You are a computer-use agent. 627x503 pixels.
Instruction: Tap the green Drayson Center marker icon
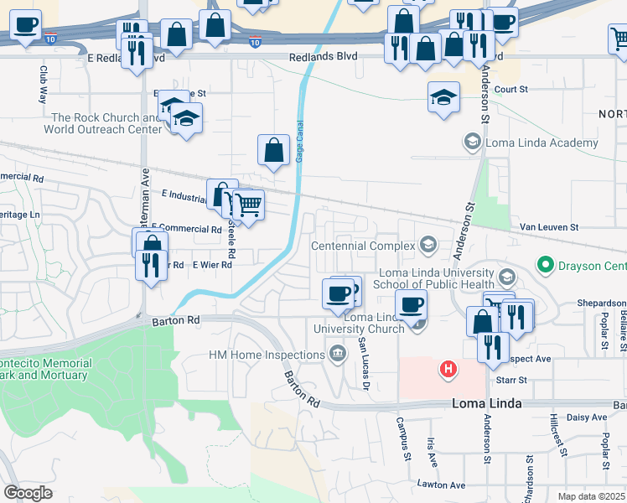546,267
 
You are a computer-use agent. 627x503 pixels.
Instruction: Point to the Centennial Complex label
363,246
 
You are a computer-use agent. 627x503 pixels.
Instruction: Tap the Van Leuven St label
549,227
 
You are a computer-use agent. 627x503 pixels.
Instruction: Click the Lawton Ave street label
441,485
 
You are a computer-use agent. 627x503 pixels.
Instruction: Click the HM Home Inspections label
265,355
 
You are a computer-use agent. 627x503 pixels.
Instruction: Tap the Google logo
28,493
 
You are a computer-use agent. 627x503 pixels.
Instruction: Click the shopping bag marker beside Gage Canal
274,152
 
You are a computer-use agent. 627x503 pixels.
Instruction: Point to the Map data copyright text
591,496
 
